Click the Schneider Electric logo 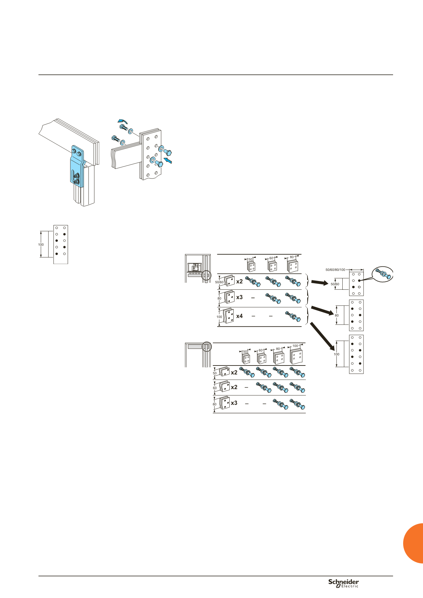(x=343, y=583)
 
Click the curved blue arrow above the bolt (x=123, y=121)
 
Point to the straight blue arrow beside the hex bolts (x=168, y=160)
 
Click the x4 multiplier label (x=239, y=316)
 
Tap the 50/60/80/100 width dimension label (x=335, y=270)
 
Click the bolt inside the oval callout (x=383, y=274)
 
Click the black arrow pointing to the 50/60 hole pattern (x=320, y=282)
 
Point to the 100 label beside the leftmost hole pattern (x=41, y=245)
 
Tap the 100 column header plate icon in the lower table (x=296, y=356)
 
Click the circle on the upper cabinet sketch (x=206, y=275)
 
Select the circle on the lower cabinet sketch (x=207, y=347)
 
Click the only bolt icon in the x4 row (x=293, y=316)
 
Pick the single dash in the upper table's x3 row (x=253, y=297)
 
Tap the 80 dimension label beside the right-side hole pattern (x=337, y=315)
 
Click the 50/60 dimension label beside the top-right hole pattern (x=335, y=284)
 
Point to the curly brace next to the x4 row (x=307, y=316)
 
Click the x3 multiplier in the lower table (x=234, y=403)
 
